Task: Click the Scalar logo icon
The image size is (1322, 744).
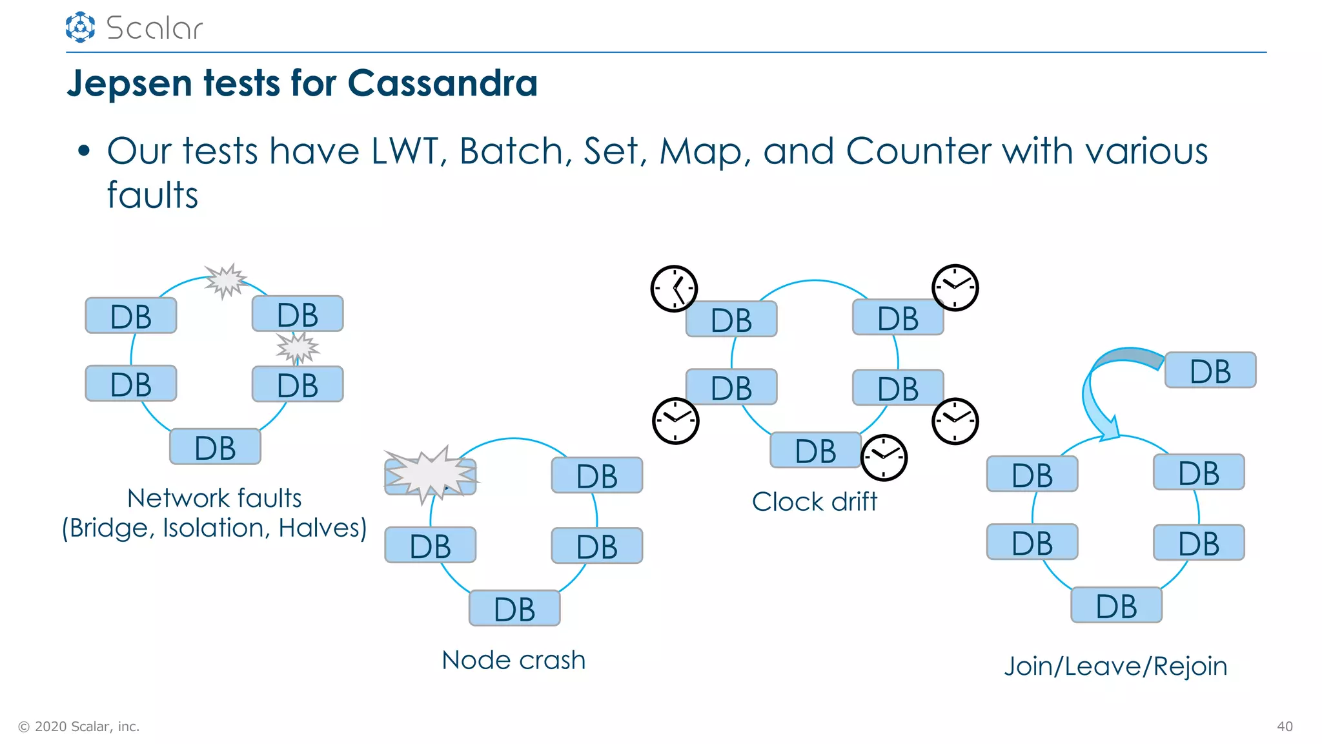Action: click(x=80, y=27)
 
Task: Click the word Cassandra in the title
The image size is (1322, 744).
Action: click(x=442, y=83)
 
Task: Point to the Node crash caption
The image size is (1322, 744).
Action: click(x=514, y=660)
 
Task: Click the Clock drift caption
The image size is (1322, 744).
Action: click(x=815, y=502)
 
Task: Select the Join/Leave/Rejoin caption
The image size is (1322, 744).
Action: click(x=1115, y=666)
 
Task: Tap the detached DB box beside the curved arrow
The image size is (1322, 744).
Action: click(x=1210, y=371)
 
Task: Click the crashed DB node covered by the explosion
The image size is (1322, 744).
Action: click(x=431, y=476)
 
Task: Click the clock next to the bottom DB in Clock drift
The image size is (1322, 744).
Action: click(x=884, y=457)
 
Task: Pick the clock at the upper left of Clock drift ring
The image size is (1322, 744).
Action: click(x=674, y=288)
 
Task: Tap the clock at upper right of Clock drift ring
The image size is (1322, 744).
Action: click(x=955, y=287)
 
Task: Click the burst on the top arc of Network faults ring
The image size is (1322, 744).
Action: click(x=225, y=280)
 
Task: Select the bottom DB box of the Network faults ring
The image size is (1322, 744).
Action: click(x=215, y=447)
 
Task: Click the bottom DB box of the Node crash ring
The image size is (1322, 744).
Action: click(x=514, y=608)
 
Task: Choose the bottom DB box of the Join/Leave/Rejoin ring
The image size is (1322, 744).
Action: click(x=1116, y=605)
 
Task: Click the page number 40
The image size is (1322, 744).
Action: click(x=1285, y=727)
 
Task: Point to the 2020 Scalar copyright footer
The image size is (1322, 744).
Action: click(x=79, y=727)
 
